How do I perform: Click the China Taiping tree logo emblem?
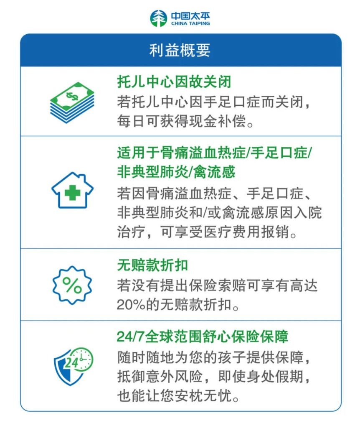(158, 18)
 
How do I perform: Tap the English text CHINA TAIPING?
(190, 23)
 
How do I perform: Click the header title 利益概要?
(180, 50)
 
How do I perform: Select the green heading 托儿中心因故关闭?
(174, 82)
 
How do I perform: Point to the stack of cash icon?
(72, 102)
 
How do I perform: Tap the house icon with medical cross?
(72, 190)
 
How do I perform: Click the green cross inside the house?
(72, 193)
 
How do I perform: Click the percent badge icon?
(72, 285)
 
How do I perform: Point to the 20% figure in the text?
(131, 304)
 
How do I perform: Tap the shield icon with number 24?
(73, 366)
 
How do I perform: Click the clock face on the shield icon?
(83, 359)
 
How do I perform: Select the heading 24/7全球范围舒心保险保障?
(203, 336)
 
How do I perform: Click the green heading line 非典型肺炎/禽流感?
(176, 172)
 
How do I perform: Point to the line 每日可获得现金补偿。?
(185, 121)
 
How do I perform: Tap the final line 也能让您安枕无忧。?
(178, 395)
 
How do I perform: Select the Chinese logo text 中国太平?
(190, 16)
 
